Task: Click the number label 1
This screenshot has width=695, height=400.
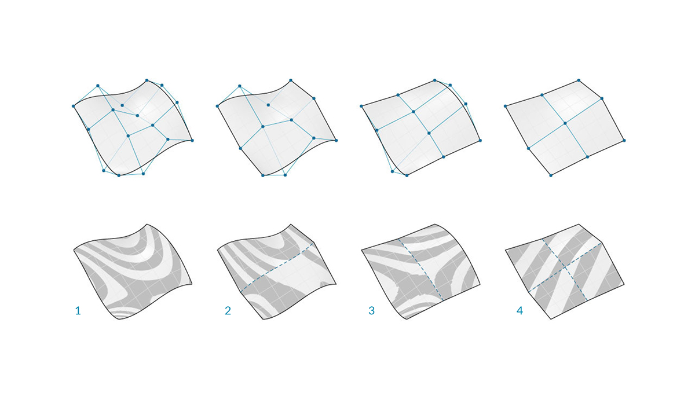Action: [78, 311]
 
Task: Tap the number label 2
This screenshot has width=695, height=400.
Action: [228, 311]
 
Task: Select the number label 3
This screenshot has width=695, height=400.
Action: [371, 311]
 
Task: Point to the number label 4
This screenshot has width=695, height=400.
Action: [520, 311]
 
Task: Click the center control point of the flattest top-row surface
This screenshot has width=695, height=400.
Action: [565, 123]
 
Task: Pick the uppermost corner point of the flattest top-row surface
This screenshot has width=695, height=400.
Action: [579, 80]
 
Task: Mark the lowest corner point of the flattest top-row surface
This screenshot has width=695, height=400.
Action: [551, 175]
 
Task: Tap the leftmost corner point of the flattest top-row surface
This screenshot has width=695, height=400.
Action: [506, 106]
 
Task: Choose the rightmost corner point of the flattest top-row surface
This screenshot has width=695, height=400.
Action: [625, 140]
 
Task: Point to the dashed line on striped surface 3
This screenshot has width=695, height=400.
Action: [421, 269]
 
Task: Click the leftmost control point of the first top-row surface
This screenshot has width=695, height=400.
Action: [74, 106]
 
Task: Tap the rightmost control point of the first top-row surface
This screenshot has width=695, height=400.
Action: [192, 140]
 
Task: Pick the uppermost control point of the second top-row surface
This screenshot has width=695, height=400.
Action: [290, 80]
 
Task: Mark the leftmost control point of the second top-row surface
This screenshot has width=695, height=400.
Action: [217, 106]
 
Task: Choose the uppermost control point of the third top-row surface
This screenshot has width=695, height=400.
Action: [434, 80]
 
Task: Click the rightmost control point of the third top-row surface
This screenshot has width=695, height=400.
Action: [480, 140]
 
